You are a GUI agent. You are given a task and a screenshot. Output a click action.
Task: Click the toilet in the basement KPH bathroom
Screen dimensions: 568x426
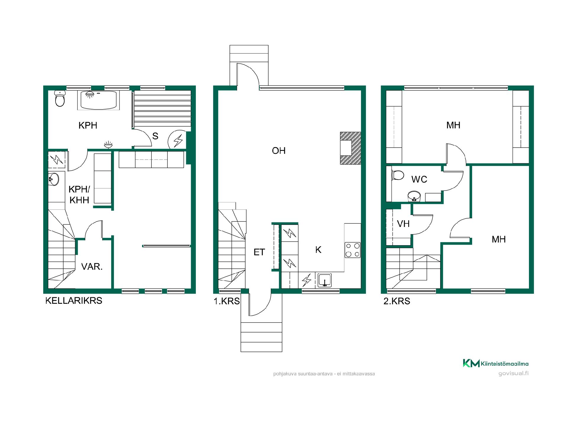pos(60,99)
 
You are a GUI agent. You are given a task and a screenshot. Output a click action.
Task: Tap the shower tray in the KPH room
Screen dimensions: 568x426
pos(99,100)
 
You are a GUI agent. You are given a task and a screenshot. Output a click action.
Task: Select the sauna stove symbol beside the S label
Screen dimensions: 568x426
pos(177,140)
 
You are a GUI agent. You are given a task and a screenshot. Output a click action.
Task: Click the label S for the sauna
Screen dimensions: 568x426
pos(155,136)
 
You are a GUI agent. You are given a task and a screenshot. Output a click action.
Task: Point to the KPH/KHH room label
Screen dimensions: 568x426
pos(79,195)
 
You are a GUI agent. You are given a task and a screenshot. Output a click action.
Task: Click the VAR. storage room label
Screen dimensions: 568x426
pos(92,267)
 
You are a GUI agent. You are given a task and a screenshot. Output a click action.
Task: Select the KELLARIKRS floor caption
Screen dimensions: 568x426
pos(74,301)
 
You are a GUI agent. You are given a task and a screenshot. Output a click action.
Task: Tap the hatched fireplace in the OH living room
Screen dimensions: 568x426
pos(351,148)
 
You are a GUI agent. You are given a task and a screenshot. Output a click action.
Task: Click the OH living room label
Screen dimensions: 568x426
pos(279,151)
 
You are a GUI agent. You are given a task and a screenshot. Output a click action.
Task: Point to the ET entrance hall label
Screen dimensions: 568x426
pos(259,252)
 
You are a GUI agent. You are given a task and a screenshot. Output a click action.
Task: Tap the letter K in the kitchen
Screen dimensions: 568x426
pos(318,250)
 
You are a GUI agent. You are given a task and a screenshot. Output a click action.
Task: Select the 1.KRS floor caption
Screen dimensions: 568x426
pos(227,301)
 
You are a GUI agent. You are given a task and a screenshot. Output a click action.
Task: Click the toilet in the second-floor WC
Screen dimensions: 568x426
pos(397,175)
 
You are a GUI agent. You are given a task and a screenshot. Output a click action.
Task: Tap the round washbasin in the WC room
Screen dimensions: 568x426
pos(414,196)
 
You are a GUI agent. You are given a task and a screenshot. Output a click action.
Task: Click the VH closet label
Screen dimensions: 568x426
pos(403,224)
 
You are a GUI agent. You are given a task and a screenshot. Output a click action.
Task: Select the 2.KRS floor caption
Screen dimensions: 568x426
pos(397,301)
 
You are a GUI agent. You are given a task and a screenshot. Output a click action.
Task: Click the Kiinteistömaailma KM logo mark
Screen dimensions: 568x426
pos(471,363)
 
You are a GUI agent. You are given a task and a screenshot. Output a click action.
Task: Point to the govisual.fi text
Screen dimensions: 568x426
pos(513,373)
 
